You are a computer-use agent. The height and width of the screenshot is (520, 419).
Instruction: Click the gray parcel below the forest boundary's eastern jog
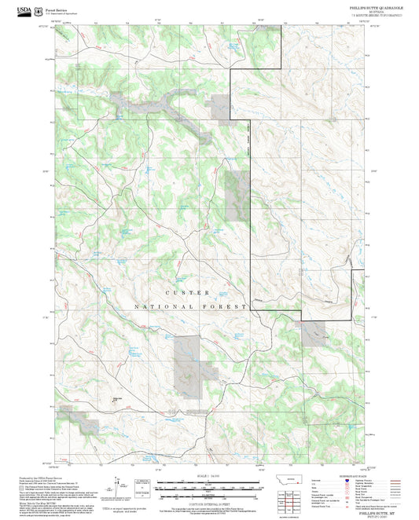tap(314, 332)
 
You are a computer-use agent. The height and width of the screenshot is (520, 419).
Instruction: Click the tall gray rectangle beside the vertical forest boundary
tap(235, 196)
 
